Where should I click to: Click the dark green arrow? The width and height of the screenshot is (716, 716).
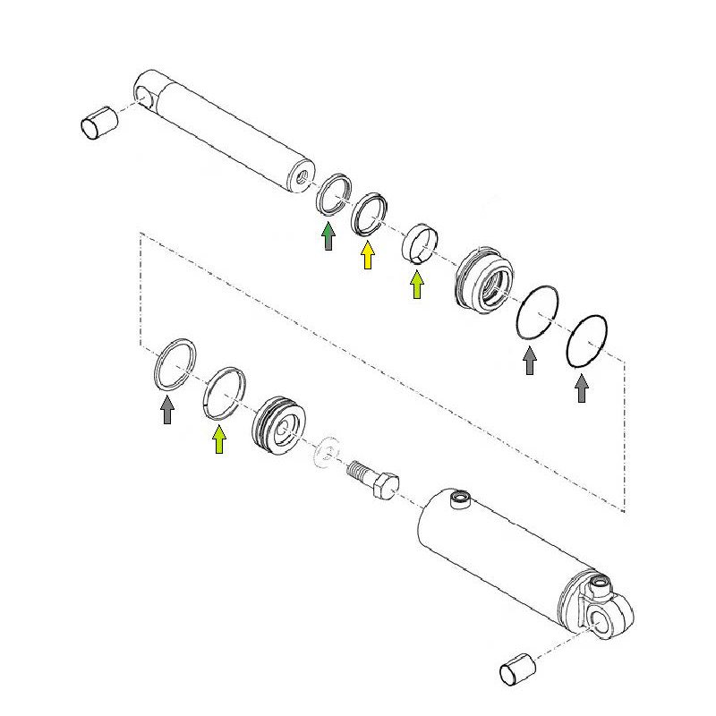click(x=328, y=236)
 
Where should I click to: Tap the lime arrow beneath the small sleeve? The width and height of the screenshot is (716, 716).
click(x=416, y=285)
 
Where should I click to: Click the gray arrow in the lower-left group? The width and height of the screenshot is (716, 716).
click(x=167, y=410)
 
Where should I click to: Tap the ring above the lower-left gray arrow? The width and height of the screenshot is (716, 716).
click(x=174, y=362)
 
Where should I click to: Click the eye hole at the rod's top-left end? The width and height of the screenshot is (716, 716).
click(x=146, y=93)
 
